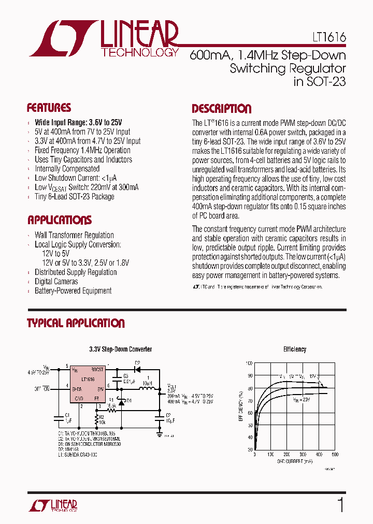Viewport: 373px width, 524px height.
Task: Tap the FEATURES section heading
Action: [49, 108]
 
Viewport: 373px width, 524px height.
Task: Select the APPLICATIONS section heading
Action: [59, 220]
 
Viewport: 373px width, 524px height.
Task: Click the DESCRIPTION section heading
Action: [221, 109]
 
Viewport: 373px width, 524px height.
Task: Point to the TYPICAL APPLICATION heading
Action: [76, 324]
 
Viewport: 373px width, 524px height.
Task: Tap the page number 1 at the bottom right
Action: [340, 504]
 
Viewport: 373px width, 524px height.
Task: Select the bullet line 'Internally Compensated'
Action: [67, 169]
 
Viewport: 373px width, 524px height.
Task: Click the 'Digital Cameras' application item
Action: [56, 282]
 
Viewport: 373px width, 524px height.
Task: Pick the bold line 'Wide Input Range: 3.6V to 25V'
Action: [78, 122]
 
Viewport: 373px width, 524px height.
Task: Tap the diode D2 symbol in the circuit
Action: [137, 370]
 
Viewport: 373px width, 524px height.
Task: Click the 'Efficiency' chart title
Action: [294, 350]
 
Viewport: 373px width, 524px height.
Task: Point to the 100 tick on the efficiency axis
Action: [249, 364]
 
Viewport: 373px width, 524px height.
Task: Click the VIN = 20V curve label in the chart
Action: [302, 400]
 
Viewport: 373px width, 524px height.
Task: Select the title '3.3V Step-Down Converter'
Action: [121, 350]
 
